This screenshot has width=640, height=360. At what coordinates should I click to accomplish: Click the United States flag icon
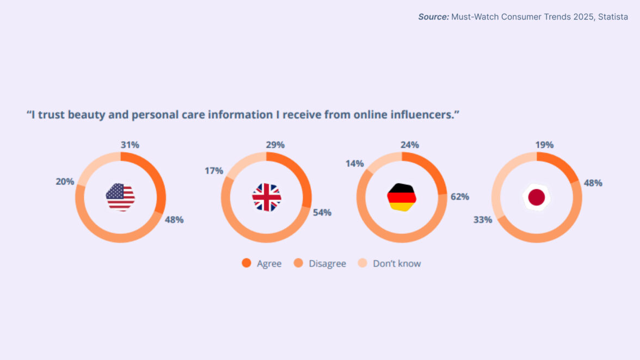pos(120,197)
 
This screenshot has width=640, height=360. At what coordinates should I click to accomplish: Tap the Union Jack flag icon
pos(267,197)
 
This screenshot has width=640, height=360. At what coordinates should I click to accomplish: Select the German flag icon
pos(402,197)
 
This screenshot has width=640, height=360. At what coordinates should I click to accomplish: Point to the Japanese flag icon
pos(537,197)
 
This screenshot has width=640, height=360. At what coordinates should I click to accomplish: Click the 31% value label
pos(130,145)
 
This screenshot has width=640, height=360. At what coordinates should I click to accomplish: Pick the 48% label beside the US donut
pos(174,220)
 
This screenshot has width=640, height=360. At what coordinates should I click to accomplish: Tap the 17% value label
pos(214,171)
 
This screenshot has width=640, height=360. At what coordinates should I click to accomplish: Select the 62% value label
pos(460,196)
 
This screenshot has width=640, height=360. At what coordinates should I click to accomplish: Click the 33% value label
pos(483,220)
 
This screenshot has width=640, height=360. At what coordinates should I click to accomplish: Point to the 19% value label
pos(544,145)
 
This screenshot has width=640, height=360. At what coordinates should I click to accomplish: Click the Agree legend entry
pos(262,264)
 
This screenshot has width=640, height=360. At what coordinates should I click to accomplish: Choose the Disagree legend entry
pos(321,264)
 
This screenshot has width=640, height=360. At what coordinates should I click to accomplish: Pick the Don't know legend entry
pos(390,264)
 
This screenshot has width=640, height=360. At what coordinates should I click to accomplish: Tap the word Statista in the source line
pos(613,17)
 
